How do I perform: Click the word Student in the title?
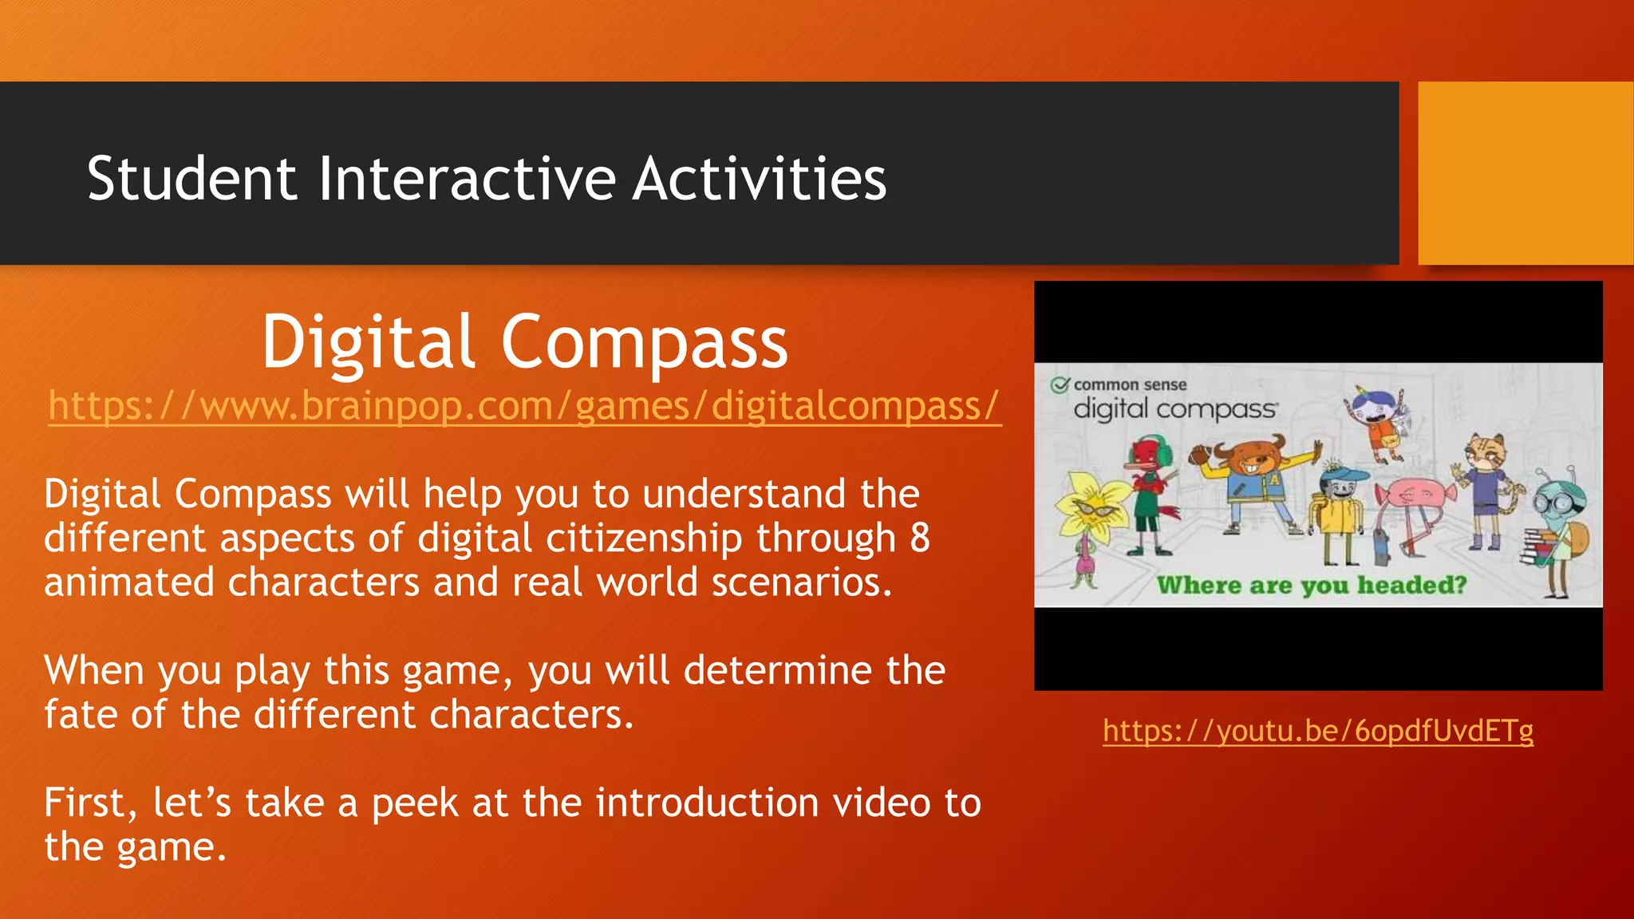[191, 179]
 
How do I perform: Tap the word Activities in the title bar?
[760, 179]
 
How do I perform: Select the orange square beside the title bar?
[1525, 172]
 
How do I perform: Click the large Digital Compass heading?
[524, 341]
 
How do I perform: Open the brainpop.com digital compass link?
[524, 405]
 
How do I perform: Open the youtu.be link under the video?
[1318, 730]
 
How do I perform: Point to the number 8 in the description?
[920, 538]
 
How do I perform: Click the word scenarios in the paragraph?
[801, 582]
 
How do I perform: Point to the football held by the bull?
[1200, 456]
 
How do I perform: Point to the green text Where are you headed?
[1312, 585]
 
